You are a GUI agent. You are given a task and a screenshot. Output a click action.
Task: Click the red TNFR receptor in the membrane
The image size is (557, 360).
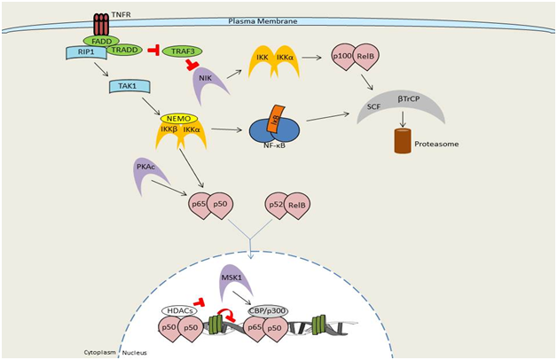click(x=98, y=26)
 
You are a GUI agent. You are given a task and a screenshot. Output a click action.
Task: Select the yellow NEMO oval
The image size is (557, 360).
click(x=182, y=118)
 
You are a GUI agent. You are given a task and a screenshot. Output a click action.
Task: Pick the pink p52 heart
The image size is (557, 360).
click(x=277, y=204)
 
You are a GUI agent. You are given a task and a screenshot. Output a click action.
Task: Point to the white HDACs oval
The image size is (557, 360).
click(x=182, y=311)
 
